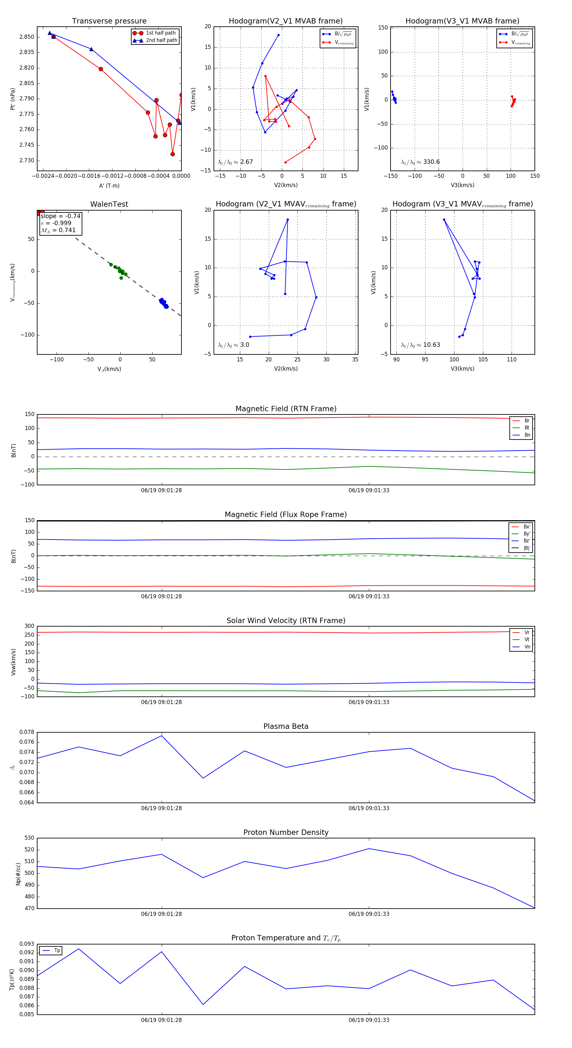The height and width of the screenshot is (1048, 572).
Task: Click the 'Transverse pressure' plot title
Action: (109, 21)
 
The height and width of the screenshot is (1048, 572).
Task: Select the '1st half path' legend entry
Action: (160, 33)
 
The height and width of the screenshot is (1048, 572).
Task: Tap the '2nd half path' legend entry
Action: (161, 40)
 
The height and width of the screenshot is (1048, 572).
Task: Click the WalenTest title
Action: (109, 204)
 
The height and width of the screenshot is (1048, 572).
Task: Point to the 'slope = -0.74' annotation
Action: (60, 216)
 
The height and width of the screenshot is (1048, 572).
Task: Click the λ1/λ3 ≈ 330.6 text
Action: (420, 162)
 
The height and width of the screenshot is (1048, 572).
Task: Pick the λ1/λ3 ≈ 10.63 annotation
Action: (420, 345)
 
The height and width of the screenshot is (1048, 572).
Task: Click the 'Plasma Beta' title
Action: (286, 727)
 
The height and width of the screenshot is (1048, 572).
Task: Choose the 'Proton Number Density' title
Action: (286, 832)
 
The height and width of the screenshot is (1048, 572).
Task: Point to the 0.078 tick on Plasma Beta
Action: (27, 732)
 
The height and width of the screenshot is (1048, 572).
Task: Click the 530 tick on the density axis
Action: (29, 838)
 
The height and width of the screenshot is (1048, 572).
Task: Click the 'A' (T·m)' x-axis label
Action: (109, 186)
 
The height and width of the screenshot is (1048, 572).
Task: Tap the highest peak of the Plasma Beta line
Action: (162, 736)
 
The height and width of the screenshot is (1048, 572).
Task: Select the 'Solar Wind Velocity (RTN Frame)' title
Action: (286, 621)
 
